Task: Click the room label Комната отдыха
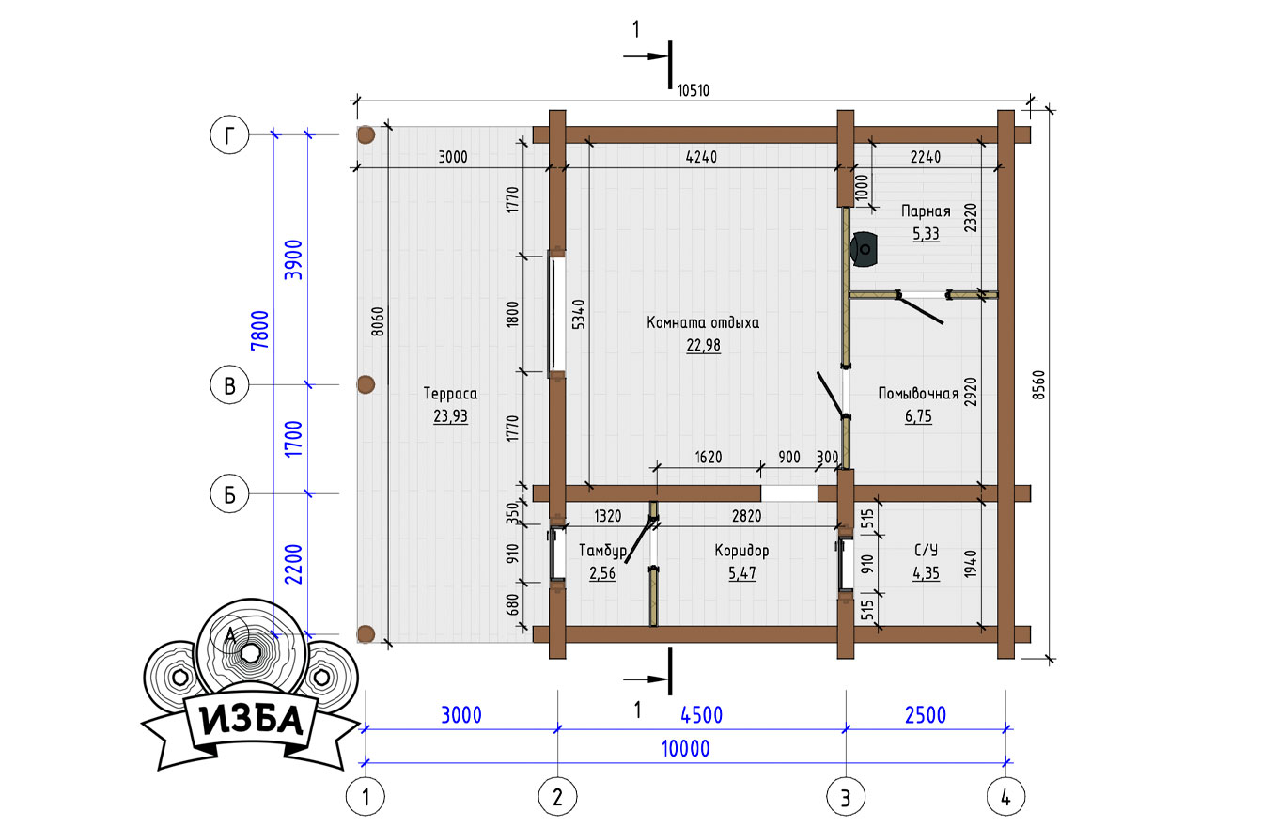click(x=703, y=323)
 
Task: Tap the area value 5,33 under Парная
click(x=926, y=233)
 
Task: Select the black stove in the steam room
click(x=864, y=249)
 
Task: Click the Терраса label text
click(x=450, y=393)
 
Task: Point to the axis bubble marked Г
click(x=229, y=135)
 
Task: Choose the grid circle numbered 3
click(x=846, y=797)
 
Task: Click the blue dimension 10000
click(x=685, y=749)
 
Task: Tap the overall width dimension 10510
click(x=694, y=91)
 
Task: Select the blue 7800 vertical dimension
click(x=259, y=331)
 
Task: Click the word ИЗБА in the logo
click(x=251, y=720)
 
